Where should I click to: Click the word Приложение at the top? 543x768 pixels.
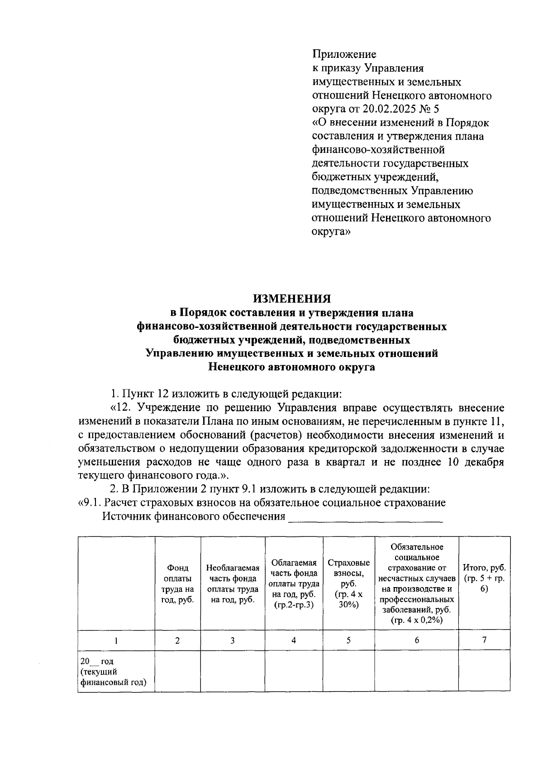(x=344, y=55)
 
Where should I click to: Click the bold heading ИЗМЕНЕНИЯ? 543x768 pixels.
(x=292, y=299)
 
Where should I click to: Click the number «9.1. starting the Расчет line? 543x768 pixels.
(x=87, y=503)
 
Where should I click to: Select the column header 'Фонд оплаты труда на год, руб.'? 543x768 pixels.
(x=177, y=583)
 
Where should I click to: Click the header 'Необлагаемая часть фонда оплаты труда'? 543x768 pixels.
(x=233, y=583)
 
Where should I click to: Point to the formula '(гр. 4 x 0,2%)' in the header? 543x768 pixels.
(x=416, y=620)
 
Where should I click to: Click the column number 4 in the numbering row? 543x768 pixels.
(x=294, y=640)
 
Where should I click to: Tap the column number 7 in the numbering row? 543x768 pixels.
(x=484, y=640)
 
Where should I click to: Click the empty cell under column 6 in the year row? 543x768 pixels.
(x=416, y=671)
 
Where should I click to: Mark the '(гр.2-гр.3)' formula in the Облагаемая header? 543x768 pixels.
(x=294, y=605)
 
